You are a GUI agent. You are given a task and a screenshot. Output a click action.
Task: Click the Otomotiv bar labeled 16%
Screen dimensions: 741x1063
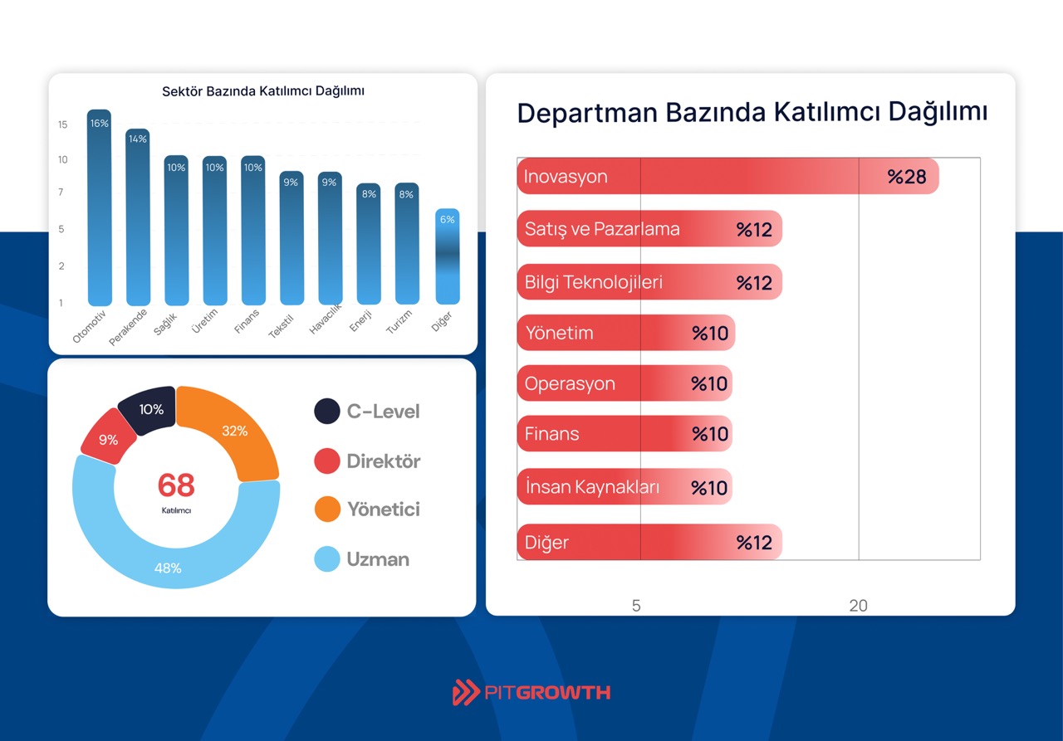pyautogui.click(x=99, y=207)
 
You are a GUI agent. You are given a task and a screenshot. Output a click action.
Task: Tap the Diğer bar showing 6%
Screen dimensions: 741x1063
pyautogui.click(x=447, y=257)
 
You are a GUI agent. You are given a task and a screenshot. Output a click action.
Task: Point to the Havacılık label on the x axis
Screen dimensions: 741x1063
pyautogui.click(x=325, y=319)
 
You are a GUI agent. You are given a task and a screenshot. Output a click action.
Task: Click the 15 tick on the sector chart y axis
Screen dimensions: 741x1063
pyautogui.click(x=62, y=124)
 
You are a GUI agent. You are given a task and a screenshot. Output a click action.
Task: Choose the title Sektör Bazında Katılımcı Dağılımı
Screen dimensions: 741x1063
pyautogui.click(x=263, y=91)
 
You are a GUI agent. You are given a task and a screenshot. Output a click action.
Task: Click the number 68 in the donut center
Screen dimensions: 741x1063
pyautogui.click(x=175, y=485)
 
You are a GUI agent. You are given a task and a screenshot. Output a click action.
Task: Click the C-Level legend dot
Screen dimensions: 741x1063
pyautogui.click(x=327, y=411)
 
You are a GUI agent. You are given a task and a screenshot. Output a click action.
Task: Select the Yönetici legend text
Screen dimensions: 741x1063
pyautogui.click(x=383, y=509)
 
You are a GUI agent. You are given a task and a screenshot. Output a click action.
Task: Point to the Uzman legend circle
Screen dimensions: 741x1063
pyautogui.click(x=327, y=559)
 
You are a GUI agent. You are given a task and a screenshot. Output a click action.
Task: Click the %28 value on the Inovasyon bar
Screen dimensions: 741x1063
pyautogui.click(x=906, y=177)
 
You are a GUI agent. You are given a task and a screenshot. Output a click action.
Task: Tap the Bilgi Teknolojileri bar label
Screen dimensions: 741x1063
pyautogui.click(x=594, y=282)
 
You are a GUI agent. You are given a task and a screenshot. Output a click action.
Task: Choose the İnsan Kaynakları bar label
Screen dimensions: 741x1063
pyautogui.click(x=592, y=487)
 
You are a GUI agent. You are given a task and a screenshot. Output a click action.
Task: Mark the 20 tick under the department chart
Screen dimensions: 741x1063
pyautogui.click(x=858, y=606)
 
